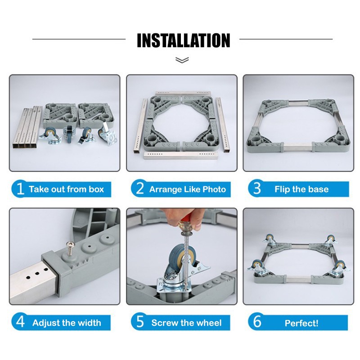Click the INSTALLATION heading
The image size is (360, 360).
click(x=183, y=40)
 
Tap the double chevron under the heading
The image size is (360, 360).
click(x=182, y=60)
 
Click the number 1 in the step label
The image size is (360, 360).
click(x=20, y=189)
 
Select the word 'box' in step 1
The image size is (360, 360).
click(x=96, y=189)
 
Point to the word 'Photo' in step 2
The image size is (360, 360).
click(x=214, y=189)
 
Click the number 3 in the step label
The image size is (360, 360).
click(x=257, y=188)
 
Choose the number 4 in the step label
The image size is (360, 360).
click(x=20, y=322)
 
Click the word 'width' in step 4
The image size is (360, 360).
click(x=89, y=323)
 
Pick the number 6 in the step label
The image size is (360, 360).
click(x=257, y=321)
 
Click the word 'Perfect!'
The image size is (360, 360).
click(x=301, y=323)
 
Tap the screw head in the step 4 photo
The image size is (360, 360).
click(x=69, y=244)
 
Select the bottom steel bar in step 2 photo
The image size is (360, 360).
click(x=180, y=155)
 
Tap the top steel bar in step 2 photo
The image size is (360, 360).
click(x=183, y=93)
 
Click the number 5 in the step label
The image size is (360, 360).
click(x=140, y=322)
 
